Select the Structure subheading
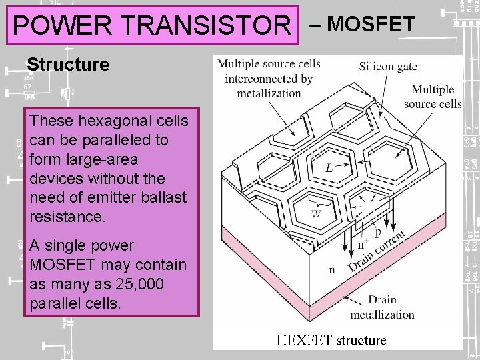[x=68, y=64]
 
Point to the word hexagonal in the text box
[x=108, y=121]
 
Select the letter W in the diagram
[x=317, y=215]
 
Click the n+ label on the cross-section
[x=345, y=244]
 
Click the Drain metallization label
[x=382, y=307]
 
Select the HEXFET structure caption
[x=331, y=340]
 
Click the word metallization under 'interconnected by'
[x=269, y=93]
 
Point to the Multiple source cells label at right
[x=433, y=97]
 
